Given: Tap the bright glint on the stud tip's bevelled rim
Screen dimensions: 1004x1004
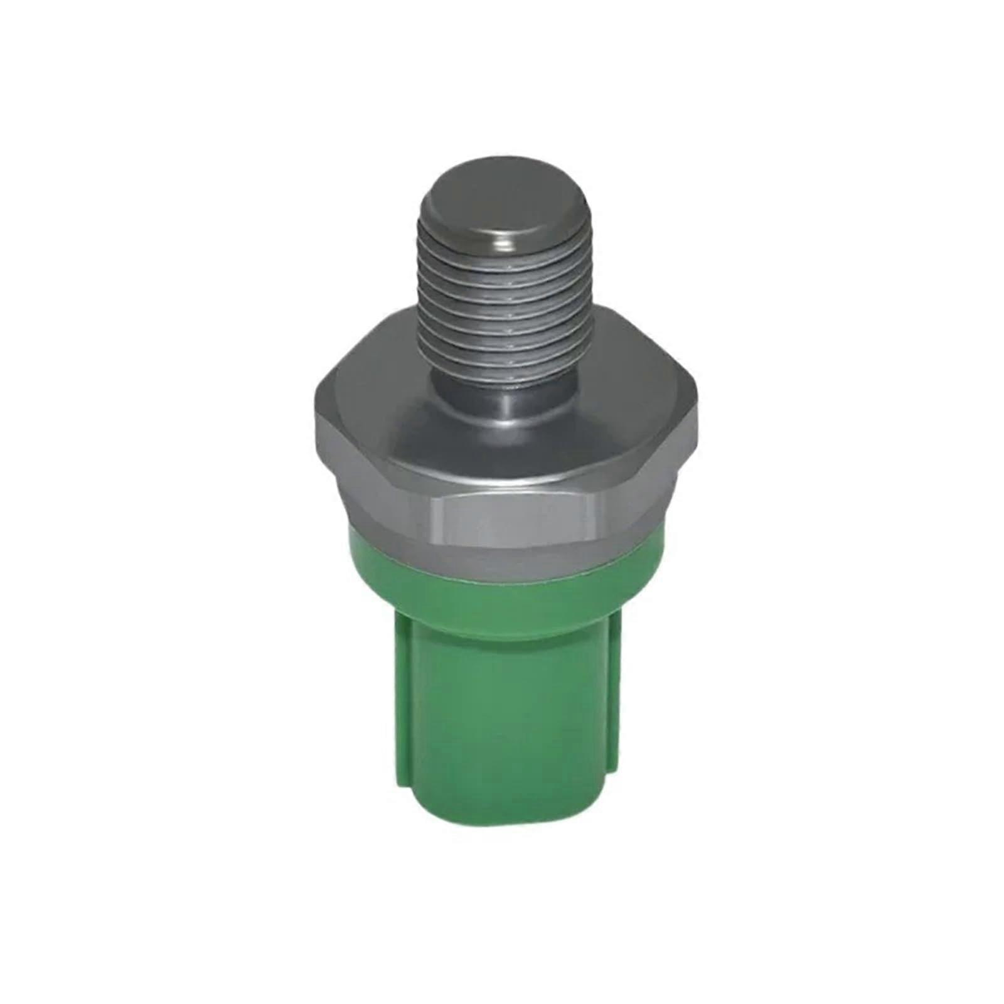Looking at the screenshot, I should tap(502, 237).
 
